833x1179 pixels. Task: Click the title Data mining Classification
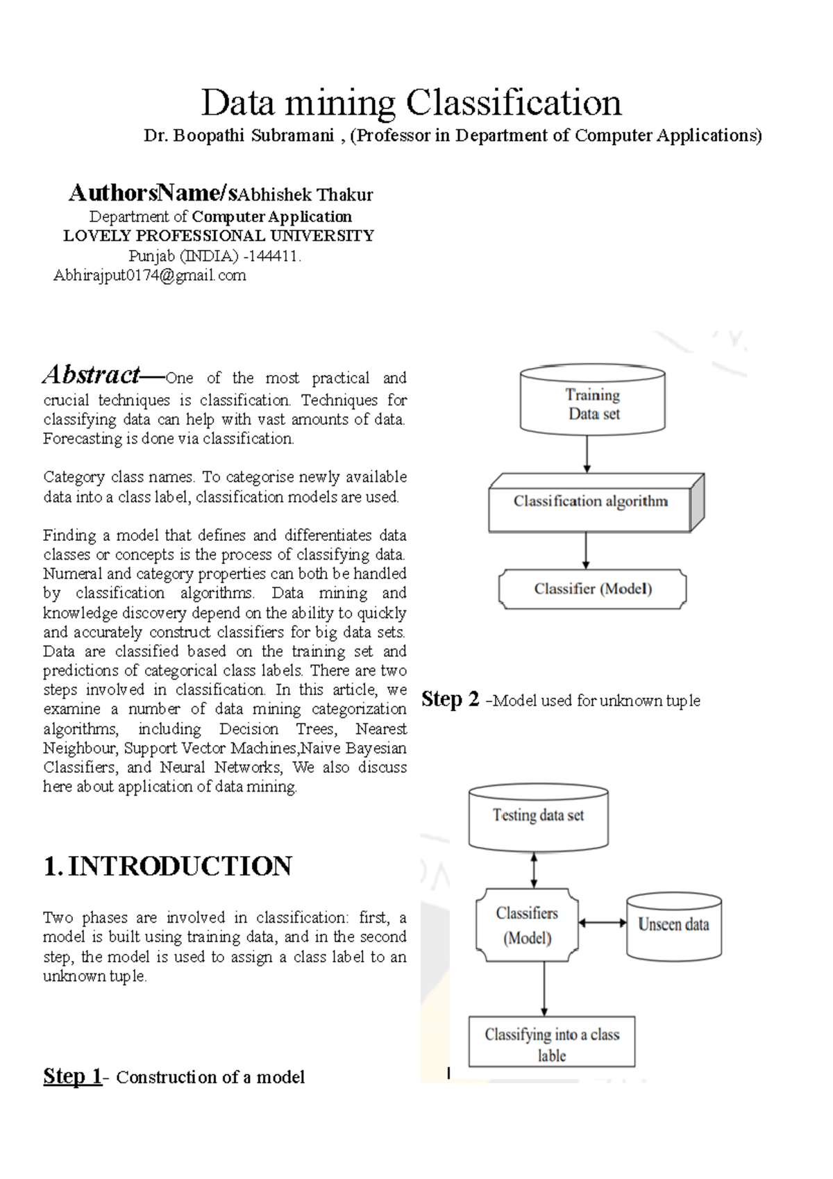point(411,103)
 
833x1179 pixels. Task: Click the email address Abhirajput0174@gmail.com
point(150,276)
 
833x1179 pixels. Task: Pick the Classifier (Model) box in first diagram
point(593,589)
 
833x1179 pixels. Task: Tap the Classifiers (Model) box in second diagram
point(527,926)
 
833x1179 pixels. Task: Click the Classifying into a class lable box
point(552,1044)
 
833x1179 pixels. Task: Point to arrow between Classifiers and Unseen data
point(602,923)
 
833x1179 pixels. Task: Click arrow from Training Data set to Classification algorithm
point(587,454)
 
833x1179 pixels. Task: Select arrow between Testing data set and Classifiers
point(534,869)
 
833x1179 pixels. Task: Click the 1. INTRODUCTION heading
point(167,867)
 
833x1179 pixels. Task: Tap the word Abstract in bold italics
point(92,375)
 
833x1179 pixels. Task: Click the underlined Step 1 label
point(71,1076)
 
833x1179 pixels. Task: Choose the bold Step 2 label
point(450,699)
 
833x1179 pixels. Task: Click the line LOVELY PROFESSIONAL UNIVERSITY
point(219,236)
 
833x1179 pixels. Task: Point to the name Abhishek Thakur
point(305,195)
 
